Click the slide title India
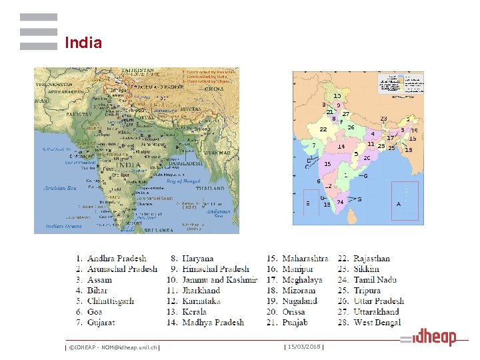[83, 43]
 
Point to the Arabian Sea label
[60, 188]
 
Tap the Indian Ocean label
[64, 227]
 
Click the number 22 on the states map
[323, 129]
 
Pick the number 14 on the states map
[341, 147]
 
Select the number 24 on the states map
[341, 201]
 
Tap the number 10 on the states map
[337, 96]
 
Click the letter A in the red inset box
[399, 204]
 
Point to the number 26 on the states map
[351, 127]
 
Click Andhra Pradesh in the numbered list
[117, 259]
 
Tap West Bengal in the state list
[377, 323]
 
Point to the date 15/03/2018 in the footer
[304, 347]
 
